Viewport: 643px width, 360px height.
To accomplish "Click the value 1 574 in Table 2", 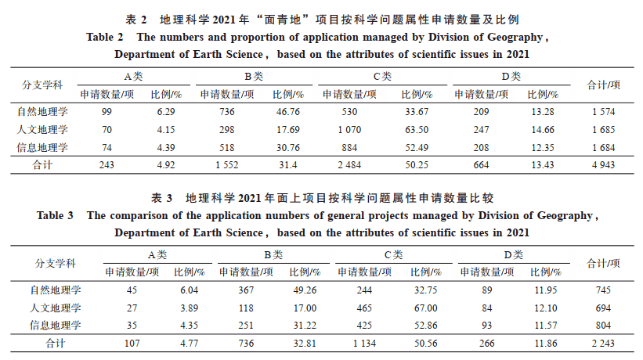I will pyautogui.click(x=603, y=112).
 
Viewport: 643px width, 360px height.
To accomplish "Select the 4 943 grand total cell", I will pyautogui.click(x=603, y=164).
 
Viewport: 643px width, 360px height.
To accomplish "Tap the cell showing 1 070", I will pyautogui.click(x=350, y=129).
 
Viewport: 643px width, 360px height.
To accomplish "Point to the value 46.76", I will pyautogui.click(x=289, y=112).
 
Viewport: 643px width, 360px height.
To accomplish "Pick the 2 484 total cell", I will pyautogui.click(x=349, y=164).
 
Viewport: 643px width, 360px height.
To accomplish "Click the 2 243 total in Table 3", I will pyautogui.click(x=603, y=343).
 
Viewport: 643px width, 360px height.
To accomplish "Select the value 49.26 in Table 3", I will pyautogui.click(x=302, y=290).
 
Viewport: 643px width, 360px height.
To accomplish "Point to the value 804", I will pyautogui.click(x=603, y=325).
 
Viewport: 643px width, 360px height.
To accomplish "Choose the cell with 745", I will pyautogui.click(x=603, y=290).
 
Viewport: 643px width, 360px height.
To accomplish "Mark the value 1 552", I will pyautogui.click(x=226, y=164).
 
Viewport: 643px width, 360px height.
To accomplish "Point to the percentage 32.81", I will pyautogui.click(x=302, y=343).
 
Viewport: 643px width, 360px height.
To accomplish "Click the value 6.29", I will pyautogui.click(x=165, y=112).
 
